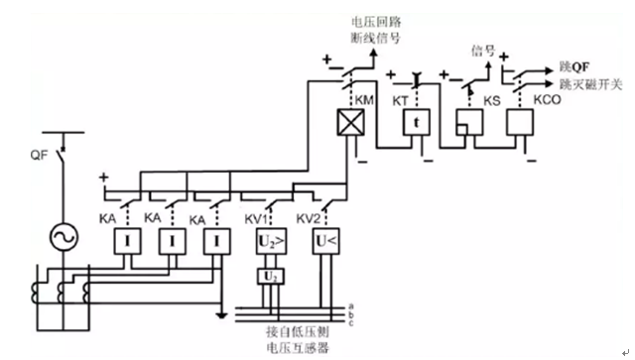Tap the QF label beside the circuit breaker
(x=40, y=155)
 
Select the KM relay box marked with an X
(x=349, y=124)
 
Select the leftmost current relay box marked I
(x=128, y=241)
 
